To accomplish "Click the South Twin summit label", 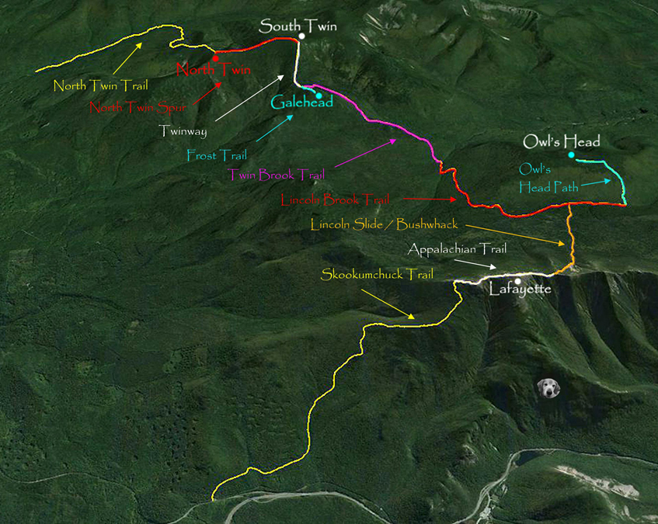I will [x=298, y=26].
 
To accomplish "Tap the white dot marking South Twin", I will [x=301, y=36].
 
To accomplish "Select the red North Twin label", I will [x=214, y=70].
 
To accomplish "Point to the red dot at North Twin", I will [x=215, y=57].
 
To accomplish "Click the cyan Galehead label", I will [x=301, y=102].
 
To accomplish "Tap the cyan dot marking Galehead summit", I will [x=319, y=95].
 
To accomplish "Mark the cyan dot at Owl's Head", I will [x=571, y=155].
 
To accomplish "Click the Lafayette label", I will [x=520, y=290].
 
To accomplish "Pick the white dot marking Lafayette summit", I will [x=517, y=281].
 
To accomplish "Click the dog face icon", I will [x=549, y=387].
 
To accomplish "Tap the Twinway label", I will [x=183, y=131].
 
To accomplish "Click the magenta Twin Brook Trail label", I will [x=276, y=175].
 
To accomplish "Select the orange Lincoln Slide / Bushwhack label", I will [x=385, y=225].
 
